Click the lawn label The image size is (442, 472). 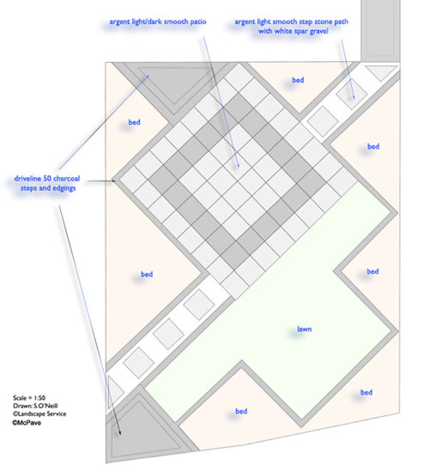304,328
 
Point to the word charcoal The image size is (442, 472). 66,178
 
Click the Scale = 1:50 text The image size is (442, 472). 29,398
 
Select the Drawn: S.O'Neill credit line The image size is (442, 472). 35,406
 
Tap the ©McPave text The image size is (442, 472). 27,422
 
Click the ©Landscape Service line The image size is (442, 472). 39,414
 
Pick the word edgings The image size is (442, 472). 64,188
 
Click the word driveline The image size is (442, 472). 27,178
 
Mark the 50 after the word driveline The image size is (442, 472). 47,178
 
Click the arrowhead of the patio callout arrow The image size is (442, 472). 239,166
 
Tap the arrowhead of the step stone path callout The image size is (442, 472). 354,97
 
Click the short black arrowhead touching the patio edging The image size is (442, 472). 114,181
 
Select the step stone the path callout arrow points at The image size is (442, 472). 352,94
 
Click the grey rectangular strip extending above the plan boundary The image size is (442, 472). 380,30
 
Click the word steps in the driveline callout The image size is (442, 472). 29,188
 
